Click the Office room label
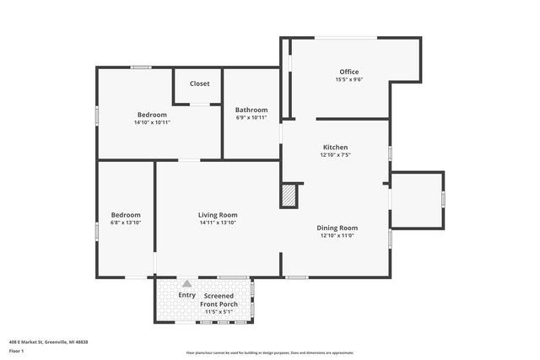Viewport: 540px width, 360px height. tap(349, 72)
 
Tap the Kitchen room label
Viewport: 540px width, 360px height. tap(335, 148)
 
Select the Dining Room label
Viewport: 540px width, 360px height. tap(337, 228)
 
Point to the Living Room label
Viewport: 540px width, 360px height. tap(218, 215)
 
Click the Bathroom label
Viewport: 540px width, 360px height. tap(251, 110)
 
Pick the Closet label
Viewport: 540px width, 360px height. tap(200, 83)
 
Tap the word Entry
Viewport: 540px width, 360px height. tap(187, 295)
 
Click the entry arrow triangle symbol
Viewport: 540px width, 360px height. tap(186, 283)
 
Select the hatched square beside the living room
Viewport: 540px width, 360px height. tap(289, 196)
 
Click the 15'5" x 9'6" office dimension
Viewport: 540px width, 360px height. tap(349, 80)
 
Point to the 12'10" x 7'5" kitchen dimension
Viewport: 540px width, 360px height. tap(335, 155)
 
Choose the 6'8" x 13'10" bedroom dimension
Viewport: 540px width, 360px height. tap(126, 223)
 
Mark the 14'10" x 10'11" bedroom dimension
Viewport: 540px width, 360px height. tap(152, 122)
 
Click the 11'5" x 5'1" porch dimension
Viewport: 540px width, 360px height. tap(219, 312)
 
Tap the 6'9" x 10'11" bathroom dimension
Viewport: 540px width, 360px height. tap(251, 117)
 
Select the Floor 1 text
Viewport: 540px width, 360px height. tap(16, 350)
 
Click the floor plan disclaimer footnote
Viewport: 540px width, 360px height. tap(269, 352)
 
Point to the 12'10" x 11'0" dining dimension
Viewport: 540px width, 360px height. tap(337, 236)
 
